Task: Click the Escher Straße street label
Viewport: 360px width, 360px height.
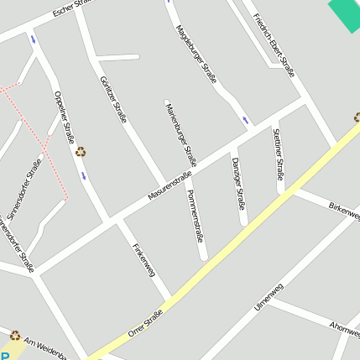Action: click(x=70, y=9)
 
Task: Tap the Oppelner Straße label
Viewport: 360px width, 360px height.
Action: click(x=65, y=117)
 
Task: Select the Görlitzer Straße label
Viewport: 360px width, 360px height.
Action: click(x=112, y=99)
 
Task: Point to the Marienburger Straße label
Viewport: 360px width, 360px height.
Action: click(x=180, y=133)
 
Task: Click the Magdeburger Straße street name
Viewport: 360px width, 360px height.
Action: click(x=196, y=54)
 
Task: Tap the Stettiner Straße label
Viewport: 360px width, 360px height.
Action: click(x=278, y=153)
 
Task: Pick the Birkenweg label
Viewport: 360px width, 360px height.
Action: click(x=344, y=208)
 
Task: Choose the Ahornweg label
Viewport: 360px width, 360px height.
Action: click(x=344, y=326)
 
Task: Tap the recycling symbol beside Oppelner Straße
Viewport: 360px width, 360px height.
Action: click(x=81, y=152)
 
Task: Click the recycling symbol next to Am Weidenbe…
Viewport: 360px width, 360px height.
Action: click(x=14, y=335)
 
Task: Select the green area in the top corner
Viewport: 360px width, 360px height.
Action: click(x=345, y=13)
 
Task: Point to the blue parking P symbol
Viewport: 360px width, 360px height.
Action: click(x=3, y=356)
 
